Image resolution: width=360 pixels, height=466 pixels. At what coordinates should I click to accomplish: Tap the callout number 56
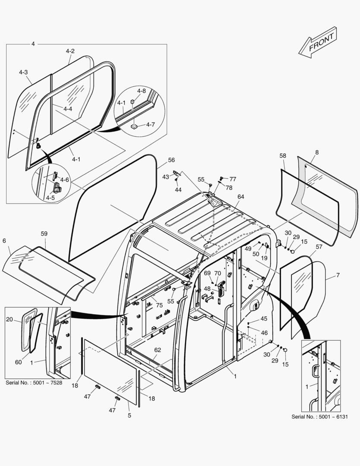pos(172,160)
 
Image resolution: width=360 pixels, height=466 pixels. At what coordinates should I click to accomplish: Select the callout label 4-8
pos(141,91)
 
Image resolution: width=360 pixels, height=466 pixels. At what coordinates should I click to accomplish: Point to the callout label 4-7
pos(150,125)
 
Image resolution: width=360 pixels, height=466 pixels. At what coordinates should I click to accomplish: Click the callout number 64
pos(241,197)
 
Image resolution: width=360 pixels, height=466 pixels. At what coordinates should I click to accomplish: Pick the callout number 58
pos(282,155)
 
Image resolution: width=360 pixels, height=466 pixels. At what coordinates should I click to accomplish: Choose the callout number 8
pos(317,152)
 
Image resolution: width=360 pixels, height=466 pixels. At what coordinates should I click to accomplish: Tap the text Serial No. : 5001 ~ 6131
pos(319,416)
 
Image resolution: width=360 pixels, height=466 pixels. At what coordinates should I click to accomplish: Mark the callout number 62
pos(157,350)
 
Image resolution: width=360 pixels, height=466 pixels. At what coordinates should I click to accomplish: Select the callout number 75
pos(160,305)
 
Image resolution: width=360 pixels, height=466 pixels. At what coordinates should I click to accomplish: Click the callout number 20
pos(9,319)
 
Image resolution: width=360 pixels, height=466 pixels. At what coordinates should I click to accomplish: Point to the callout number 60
pos(19,362)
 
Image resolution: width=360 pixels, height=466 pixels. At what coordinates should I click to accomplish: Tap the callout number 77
pos(233,179)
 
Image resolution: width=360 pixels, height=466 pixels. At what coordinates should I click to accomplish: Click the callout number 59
pos(44,233)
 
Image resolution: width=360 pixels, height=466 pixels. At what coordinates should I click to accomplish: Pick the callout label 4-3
pos(23,72)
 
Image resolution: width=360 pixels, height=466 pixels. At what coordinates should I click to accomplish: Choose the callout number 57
pos(319,247)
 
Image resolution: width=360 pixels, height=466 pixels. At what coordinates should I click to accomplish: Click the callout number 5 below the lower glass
pos(129,416)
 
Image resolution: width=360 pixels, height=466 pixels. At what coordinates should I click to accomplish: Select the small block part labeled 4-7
pos(134,126)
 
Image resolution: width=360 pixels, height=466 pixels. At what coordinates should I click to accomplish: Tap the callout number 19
pos(264,258)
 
